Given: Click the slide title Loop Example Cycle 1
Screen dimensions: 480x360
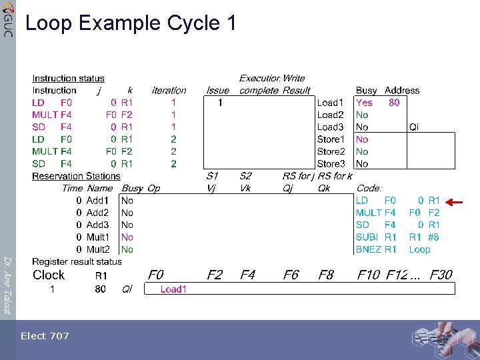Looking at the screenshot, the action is click(131, 23).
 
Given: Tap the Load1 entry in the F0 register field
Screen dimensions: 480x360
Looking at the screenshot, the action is click(173, 289).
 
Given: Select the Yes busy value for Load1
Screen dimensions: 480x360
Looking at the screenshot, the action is click(364, 103).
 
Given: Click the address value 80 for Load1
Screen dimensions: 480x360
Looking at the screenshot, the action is click(394, 103).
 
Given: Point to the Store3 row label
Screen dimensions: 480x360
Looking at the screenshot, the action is click(331, 163).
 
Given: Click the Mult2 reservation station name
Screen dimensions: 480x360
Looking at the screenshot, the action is click(98, 249).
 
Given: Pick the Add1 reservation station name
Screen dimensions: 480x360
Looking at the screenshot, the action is click(97, 200).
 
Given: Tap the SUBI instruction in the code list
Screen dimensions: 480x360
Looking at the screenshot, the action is click(367, 237).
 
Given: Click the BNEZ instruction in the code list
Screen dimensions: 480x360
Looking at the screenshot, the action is click(369, 249).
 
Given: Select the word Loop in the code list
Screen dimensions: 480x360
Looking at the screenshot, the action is click(419, 249).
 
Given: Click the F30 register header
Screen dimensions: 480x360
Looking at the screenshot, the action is click(441, 275).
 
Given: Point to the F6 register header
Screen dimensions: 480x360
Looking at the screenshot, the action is click(291, 275).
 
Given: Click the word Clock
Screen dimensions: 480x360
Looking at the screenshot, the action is click(49, 275).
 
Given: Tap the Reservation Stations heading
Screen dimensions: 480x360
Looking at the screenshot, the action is click(76, 176).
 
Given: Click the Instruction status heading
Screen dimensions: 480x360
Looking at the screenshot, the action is click(68, 79).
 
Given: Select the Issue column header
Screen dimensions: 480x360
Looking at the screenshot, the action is click(217, 91).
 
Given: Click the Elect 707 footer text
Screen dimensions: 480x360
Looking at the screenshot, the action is click(45, 336).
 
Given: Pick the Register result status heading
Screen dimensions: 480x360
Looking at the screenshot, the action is click(77, 262).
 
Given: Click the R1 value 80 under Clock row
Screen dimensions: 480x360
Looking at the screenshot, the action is click(101, 289).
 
